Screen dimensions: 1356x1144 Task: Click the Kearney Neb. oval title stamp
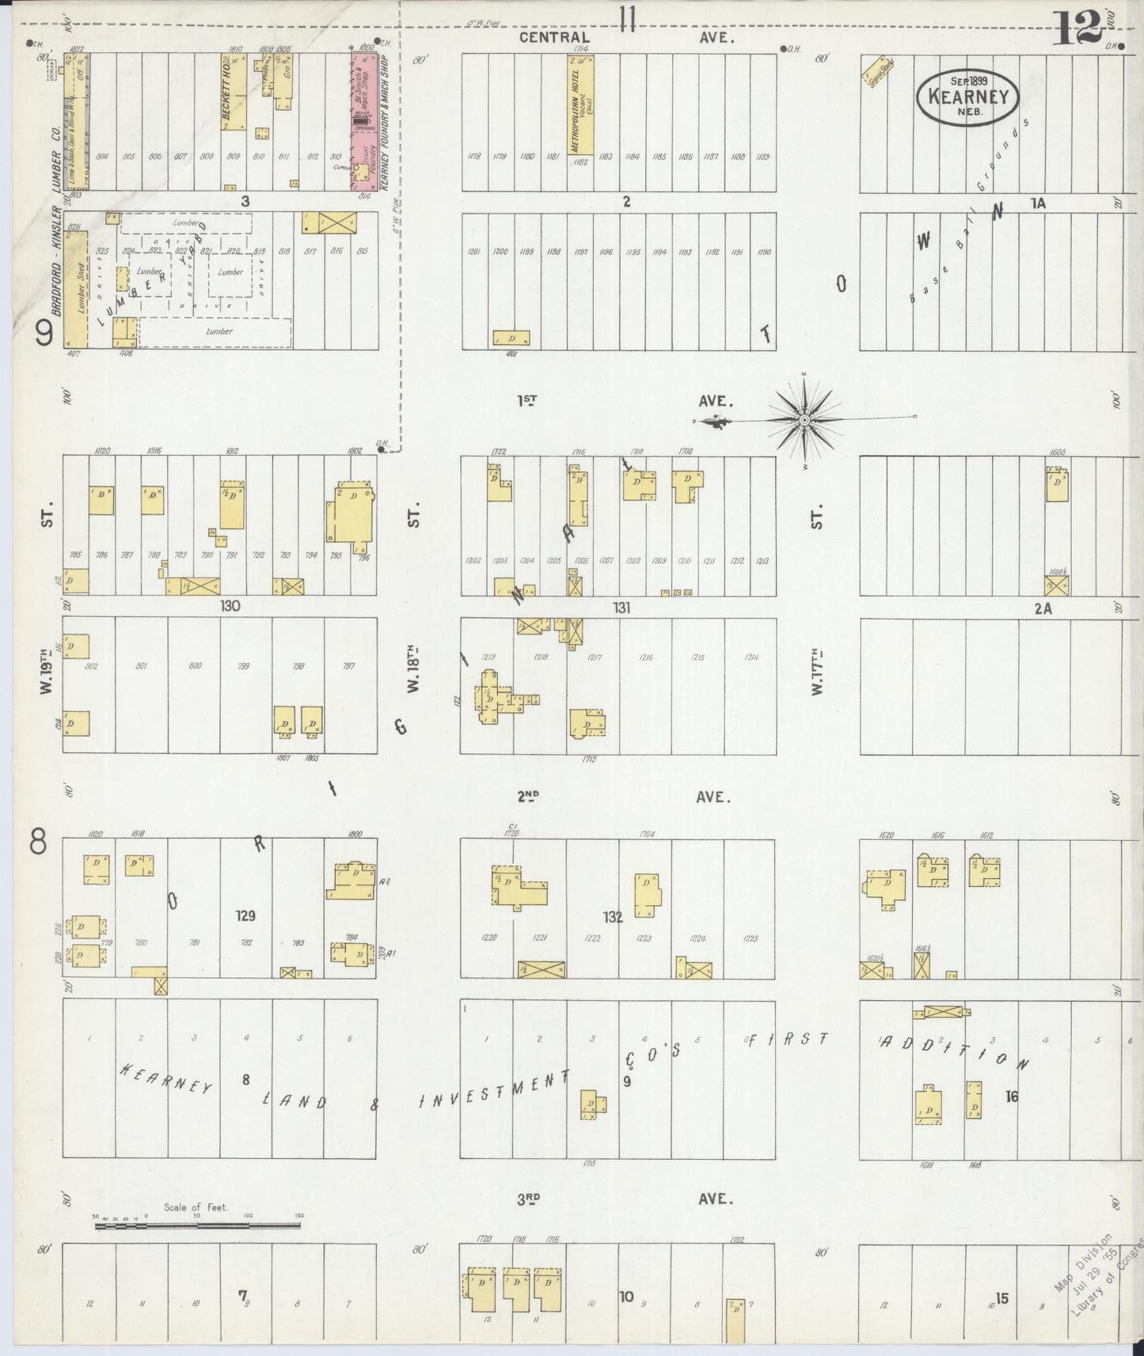967,97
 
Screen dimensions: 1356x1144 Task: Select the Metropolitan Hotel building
580,105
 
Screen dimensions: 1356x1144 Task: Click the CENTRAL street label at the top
554,37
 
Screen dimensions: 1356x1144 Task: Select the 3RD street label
528,1199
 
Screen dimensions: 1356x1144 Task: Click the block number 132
612,917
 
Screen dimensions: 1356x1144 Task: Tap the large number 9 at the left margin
44,336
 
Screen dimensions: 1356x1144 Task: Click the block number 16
1011,1096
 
